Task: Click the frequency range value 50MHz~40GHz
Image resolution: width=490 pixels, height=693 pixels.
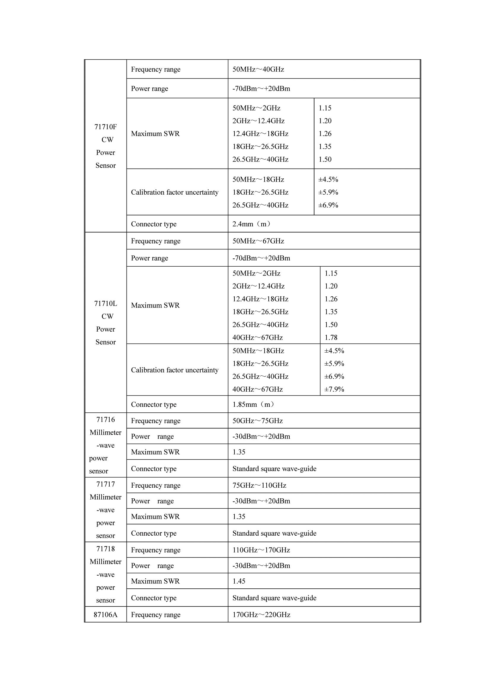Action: point(258,69)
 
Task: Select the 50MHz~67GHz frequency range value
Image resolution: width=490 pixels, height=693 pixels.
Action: point(258,241)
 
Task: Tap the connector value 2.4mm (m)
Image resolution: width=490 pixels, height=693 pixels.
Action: point(252,224)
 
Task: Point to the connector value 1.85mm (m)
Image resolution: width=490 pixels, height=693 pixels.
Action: point(254,404)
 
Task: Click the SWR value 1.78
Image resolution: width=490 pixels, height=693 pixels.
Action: point(331,337)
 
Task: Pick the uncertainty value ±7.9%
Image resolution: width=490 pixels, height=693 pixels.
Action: point(334,389)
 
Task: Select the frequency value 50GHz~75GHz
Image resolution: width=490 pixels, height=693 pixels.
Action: point(257,421)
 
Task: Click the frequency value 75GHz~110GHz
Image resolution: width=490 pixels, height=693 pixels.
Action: point(259,485)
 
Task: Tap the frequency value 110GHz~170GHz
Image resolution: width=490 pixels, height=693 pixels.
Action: point(261,550)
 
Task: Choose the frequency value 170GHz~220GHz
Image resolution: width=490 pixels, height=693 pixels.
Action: point(261,614)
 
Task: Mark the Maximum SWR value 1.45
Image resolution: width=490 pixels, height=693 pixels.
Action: point(239,581)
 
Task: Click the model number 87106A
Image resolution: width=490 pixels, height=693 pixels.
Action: point(105,614)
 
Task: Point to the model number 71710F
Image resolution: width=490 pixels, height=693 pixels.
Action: point(105,127)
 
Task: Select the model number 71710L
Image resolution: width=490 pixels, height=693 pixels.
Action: point(105,304)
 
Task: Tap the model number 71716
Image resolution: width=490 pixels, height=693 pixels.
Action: point(105,420)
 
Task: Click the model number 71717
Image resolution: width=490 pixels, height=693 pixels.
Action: point(105,484)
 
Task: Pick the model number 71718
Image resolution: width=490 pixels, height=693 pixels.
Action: point(105,549)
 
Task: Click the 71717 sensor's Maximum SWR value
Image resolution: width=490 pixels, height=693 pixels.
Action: point(239,516)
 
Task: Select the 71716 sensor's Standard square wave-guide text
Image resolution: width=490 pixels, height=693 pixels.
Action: point(274,469)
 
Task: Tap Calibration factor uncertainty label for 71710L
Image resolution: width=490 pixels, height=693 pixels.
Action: point(174,370)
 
